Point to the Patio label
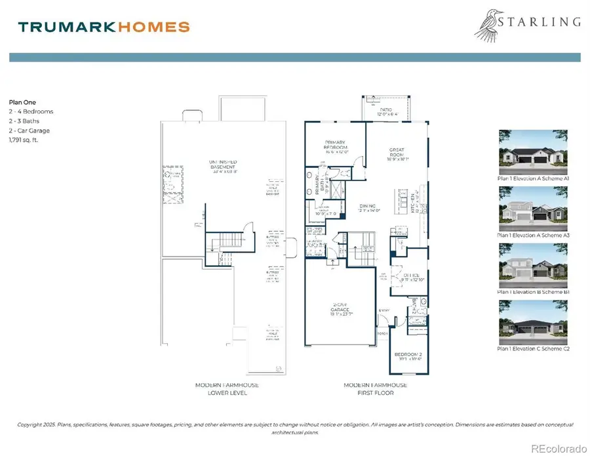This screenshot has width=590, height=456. click(x=385, y=112)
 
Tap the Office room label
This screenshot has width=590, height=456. click(x=412, y=278)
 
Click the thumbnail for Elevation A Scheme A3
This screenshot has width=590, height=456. click(x=532, y=207)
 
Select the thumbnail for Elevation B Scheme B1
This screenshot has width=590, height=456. click(x=532, y=264)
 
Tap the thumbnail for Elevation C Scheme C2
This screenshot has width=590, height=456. click(x=532, y=321)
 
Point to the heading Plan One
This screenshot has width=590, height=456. click(x=22, y=102)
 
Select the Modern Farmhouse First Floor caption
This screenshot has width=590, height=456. click(x=376, y=388)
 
